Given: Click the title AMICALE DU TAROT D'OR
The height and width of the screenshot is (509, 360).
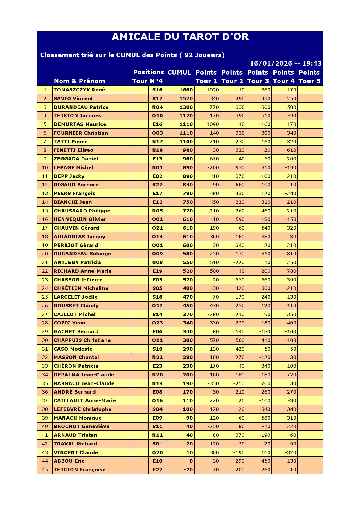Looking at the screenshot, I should coord(180,37).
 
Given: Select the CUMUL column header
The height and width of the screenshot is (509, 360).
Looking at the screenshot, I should coord(179,73).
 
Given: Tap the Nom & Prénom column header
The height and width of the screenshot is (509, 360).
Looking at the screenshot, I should coord(79,81).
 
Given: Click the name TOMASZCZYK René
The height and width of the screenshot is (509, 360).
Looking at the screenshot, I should coord(79,90).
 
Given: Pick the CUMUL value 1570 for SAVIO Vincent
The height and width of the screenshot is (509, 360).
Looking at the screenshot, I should coord(186,99).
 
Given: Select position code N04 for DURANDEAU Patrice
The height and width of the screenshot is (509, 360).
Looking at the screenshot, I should coord(157,107).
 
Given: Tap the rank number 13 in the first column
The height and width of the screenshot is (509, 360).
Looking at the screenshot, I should coord(45,194).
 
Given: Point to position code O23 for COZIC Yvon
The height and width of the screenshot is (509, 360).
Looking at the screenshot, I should coord(157,323).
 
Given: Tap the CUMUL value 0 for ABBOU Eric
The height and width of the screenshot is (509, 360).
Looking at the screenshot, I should coord(191,461).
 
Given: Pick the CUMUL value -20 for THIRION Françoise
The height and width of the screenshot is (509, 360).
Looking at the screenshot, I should coord(188,470).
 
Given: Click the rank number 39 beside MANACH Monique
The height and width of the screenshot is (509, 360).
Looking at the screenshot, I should coord(45,418).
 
